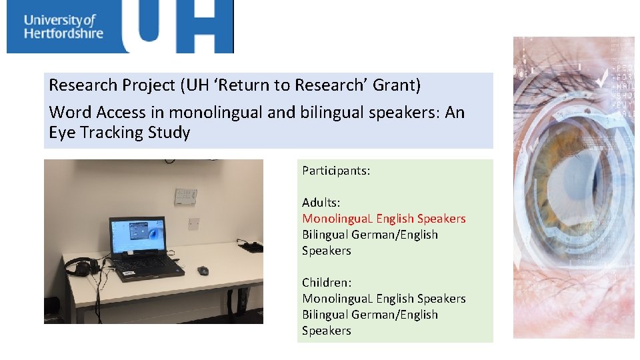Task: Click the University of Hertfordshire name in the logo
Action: pyautogui.click(x=63, y=26)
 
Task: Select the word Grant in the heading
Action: pyautogui.click(x=397, y=85)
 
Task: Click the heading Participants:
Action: pyautogui.click(x=336, y=171)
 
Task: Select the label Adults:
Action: pyautogui.click(x=321, y=203)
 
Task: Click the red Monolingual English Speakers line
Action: pyautogui.click(x=383, y=219)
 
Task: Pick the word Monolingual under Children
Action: pyautogui.click(x=337, y=299)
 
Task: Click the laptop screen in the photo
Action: pyautogui.click(x=137, y=236)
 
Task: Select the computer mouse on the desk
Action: pyautogui.click(x=203, y=270)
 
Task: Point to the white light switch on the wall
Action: pyautogui.click(x=194, y=222)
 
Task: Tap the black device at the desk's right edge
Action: pyautogui.click(x=251, y=247)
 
